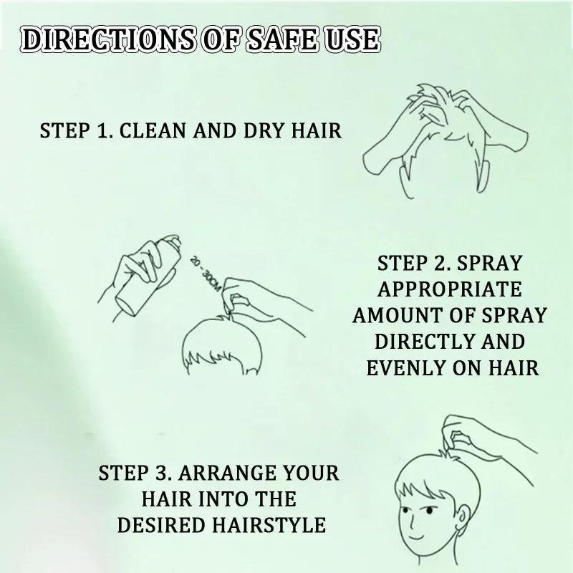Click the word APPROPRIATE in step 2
coord(450,289)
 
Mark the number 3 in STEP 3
coord(162,474)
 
